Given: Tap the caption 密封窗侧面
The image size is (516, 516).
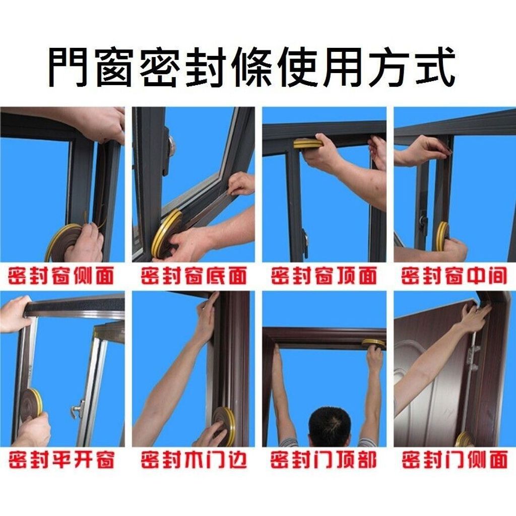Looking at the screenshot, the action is (61, 276).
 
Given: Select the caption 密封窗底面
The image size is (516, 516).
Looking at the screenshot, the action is (194, 276).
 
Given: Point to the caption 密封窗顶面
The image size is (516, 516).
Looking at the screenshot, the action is (324, 276).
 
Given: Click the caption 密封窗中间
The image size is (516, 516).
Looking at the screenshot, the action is (454, 276).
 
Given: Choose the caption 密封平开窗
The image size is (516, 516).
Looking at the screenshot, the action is (61, 460).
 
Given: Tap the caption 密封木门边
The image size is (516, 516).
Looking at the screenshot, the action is (194, 460).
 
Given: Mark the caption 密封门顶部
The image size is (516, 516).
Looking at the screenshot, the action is (324, 460).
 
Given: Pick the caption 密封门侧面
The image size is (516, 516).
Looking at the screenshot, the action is (455, 460).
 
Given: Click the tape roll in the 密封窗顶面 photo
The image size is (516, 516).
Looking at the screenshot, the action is (308, 144).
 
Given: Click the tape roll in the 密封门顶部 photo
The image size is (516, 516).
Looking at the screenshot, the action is (373, 344).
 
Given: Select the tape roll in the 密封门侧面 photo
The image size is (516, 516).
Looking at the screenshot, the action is (465, 439).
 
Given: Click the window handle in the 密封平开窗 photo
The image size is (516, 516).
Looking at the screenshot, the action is (78, 409).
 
